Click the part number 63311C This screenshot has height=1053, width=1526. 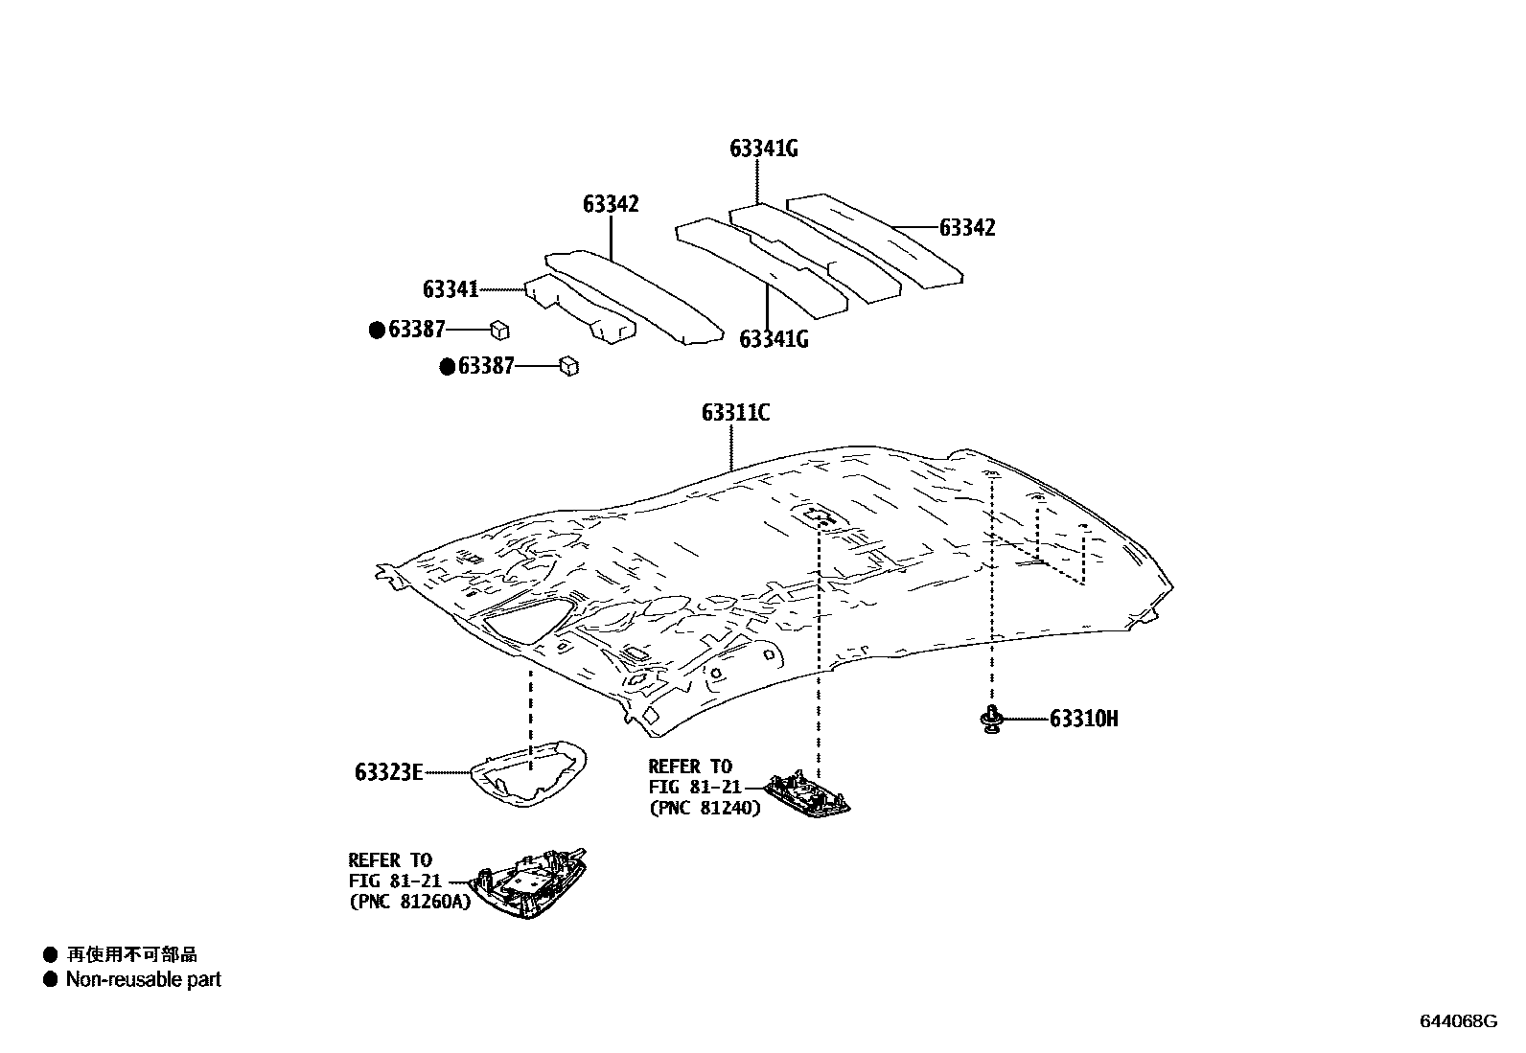tap(735, 413)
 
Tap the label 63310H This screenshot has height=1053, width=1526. tap(1083, 719)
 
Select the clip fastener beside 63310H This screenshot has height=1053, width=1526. tap(990, 719)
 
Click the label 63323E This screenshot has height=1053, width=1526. tap(388, 771)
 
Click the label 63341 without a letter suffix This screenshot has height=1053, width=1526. tap(450, 288)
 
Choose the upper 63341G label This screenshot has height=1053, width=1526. tap(764, 149)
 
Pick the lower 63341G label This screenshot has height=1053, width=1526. tap(774, 339)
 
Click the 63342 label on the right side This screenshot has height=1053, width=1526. tap(967, 228)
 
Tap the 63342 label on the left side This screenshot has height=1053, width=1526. tap(611, 204)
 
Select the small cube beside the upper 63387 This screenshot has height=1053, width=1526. tap(499, 330)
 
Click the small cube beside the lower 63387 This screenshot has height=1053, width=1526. tap(568, 366)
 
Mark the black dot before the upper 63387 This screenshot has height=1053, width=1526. tap(377, 331)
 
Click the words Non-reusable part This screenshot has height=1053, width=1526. tap(143, 979)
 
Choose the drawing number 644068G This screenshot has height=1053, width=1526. tap(1458, 1020)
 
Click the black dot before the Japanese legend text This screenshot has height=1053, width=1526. tap(50, 954)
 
